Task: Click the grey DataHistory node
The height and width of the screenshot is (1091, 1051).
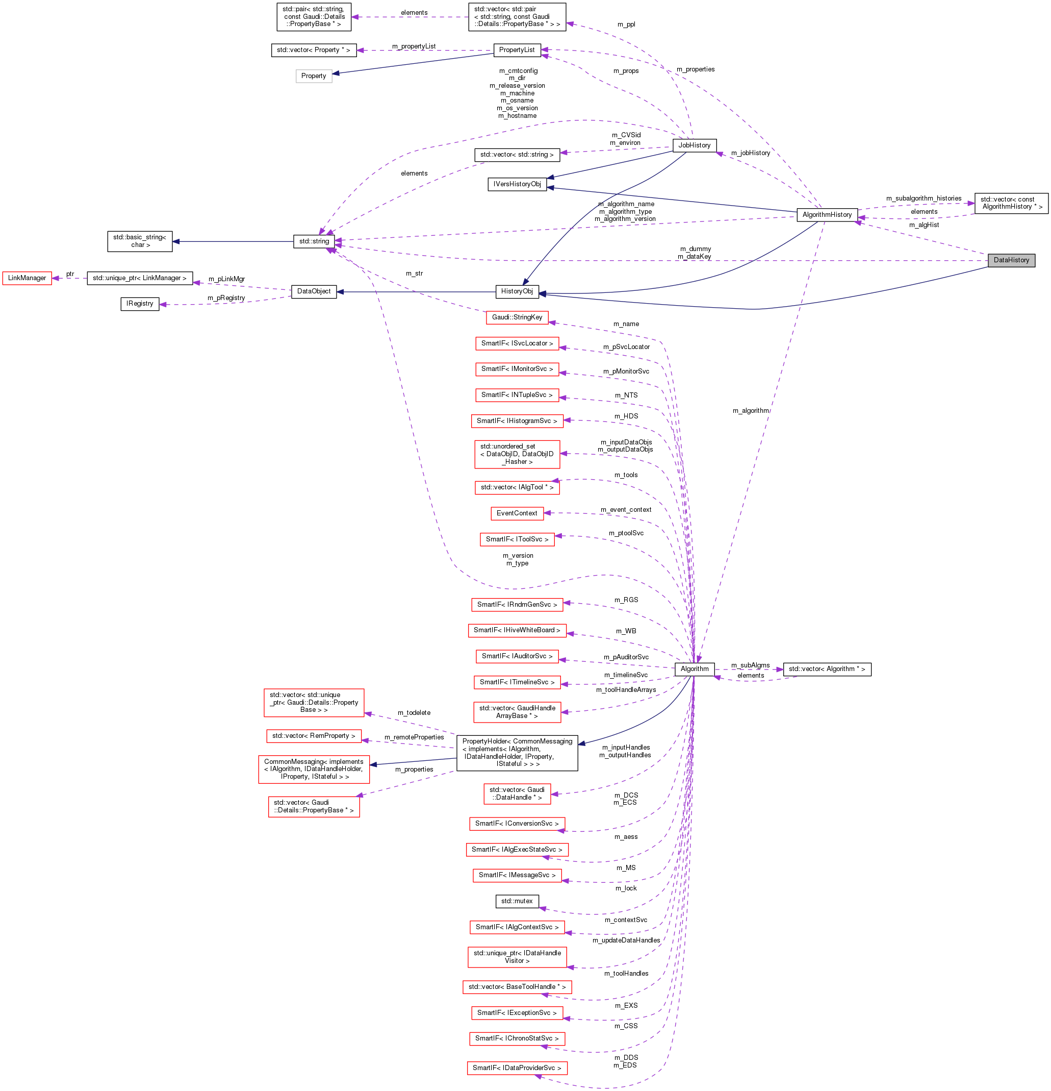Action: click(x=1011, y=260)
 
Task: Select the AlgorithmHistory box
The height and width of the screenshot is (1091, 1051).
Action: click(x=827, y=214)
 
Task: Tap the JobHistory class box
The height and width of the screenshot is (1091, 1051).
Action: click(x=694, y=145)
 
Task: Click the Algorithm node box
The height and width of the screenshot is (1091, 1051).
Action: click(x=695, y=668)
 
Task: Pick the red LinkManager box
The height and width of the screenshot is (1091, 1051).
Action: click(x=27, y=278)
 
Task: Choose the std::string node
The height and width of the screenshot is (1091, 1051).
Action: click(x=314, y=241)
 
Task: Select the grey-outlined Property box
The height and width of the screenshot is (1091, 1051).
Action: click(x=313, y=76)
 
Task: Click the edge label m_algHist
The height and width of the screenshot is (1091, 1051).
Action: click(x=924, y=225)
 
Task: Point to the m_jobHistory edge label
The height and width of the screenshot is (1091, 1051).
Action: click(x=750, y=153)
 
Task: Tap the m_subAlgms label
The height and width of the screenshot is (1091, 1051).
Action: click(x=750, y=665)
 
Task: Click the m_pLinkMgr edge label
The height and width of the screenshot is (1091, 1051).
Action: click(x=226, y=279)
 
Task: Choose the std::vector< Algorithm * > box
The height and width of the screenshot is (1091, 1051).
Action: click(x=826, y=669)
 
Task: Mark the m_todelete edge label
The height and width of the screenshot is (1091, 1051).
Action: click(x=414, y=712)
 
